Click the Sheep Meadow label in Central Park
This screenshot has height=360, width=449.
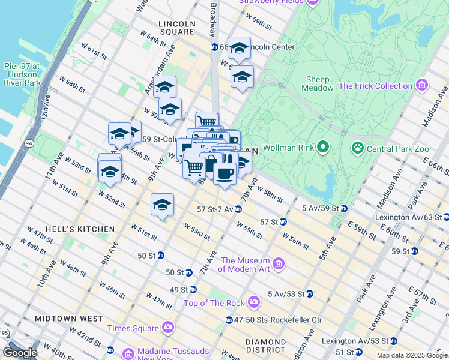pyautogui.click(x=318, y=83)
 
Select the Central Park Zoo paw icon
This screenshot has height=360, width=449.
pyautogui.click(x=358, y=146)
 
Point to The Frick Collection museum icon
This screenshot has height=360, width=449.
pyautogui.click(x=422, y=86)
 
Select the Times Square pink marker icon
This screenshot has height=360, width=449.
pyautogui.click(x=167, y=328)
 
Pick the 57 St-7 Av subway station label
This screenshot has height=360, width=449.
pyautogui.click(x=215, y=209)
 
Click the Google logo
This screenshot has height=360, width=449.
pyautogui.click(x=20, y=353)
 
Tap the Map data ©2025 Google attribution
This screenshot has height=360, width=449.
pyautogui.click(x=411, y=355)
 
